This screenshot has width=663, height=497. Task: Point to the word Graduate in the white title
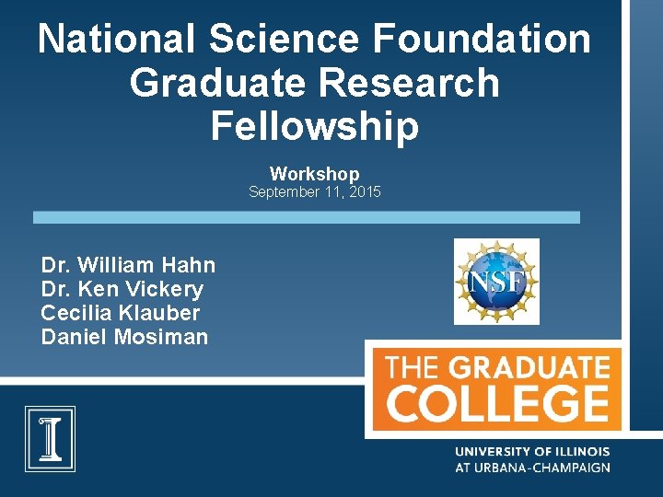tap(221, 83)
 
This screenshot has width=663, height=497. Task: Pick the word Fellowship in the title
tap(315, 126)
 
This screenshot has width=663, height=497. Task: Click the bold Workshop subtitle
tap(315, 173)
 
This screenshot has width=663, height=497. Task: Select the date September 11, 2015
tap(315, 192)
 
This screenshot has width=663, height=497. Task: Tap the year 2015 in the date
tap(364, 192)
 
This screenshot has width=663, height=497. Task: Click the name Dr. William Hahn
tap(128, 265)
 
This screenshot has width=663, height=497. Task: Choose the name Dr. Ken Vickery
tap(122, 289)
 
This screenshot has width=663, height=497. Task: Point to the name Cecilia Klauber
tap(121, 313)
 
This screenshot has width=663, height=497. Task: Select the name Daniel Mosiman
tap(124, 337)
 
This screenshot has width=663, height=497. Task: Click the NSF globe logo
tap(496, 282)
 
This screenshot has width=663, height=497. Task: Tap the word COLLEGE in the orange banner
tap(497, 403)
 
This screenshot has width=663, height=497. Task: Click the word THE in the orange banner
tap(412, 369)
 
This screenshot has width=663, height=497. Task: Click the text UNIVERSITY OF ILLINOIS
tap(532, 452)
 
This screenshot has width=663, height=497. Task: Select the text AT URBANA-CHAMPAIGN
tap(532, 468)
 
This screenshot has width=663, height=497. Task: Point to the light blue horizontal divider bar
tap(307, 217)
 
